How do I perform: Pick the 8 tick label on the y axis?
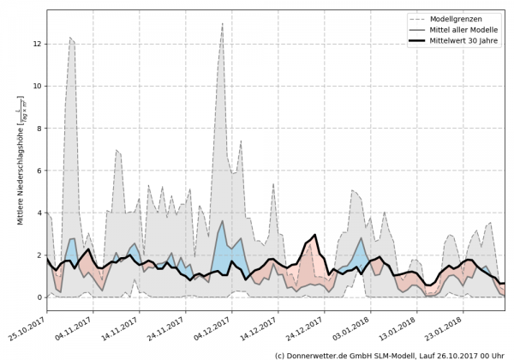[x=39, y=128]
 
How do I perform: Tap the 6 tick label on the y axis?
[x=39, y=171]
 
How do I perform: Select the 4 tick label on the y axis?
[x=39, y=213]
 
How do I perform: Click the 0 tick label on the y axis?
[x=39, y=297]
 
